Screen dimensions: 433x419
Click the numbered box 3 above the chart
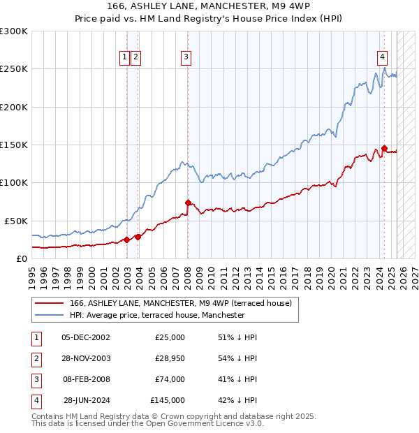(186, 58)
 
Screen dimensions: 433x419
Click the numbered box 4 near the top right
(383, 58)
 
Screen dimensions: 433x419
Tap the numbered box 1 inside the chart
(124, 58)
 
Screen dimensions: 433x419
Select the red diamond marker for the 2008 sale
(188, 203)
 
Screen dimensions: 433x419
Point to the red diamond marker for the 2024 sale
(384, 148)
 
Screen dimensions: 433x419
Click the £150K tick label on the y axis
(14, 145)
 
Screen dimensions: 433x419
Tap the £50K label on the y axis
(17, 221)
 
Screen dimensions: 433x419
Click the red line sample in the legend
(48, 303)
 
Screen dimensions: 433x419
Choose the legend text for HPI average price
(157, 315)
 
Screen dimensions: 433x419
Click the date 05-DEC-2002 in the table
(85, 337)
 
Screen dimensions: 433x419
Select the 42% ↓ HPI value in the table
(237, 400)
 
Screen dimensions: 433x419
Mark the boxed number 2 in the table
(36, 358)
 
